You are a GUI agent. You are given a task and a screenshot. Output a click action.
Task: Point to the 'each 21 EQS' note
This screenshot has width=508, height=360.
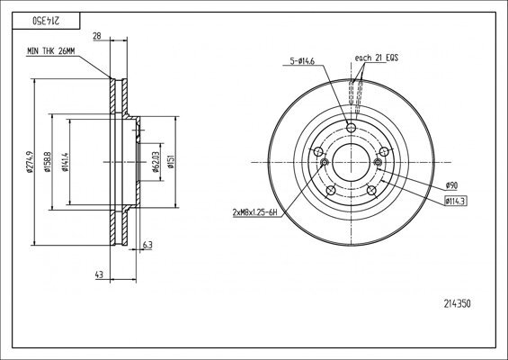point(375,59)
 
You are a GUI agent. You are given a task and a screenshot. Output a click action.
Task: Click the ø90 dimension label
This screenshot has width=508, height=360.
point(451,185)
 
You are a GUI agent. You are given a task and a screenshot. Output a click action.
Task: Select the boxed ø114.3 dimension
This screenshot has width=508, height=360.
point(458,201)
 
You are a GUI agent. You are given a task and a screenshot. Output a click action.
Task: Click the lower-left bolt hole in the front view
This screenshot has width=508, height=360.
point(330,190)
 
